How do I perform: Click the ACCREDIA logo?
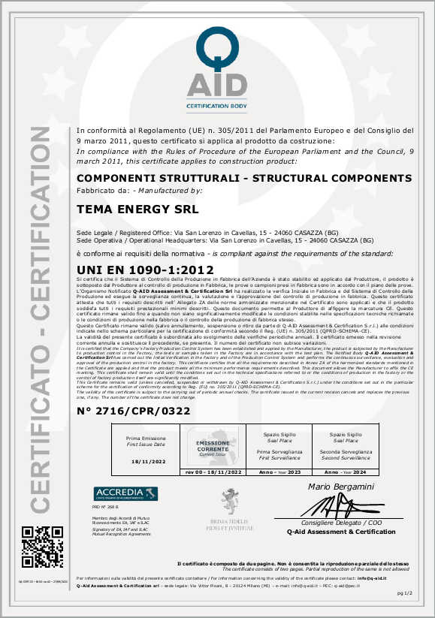pos(125,493)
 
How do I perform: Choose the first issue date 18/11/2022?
pos(147,462)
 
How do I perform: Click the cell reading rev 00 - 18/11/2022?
pos(213,472)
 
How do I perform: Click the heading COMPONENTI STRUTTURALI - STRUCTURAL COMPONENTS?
pos(245,178)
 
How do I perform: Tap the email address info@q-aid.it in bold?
pos(371,579)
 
